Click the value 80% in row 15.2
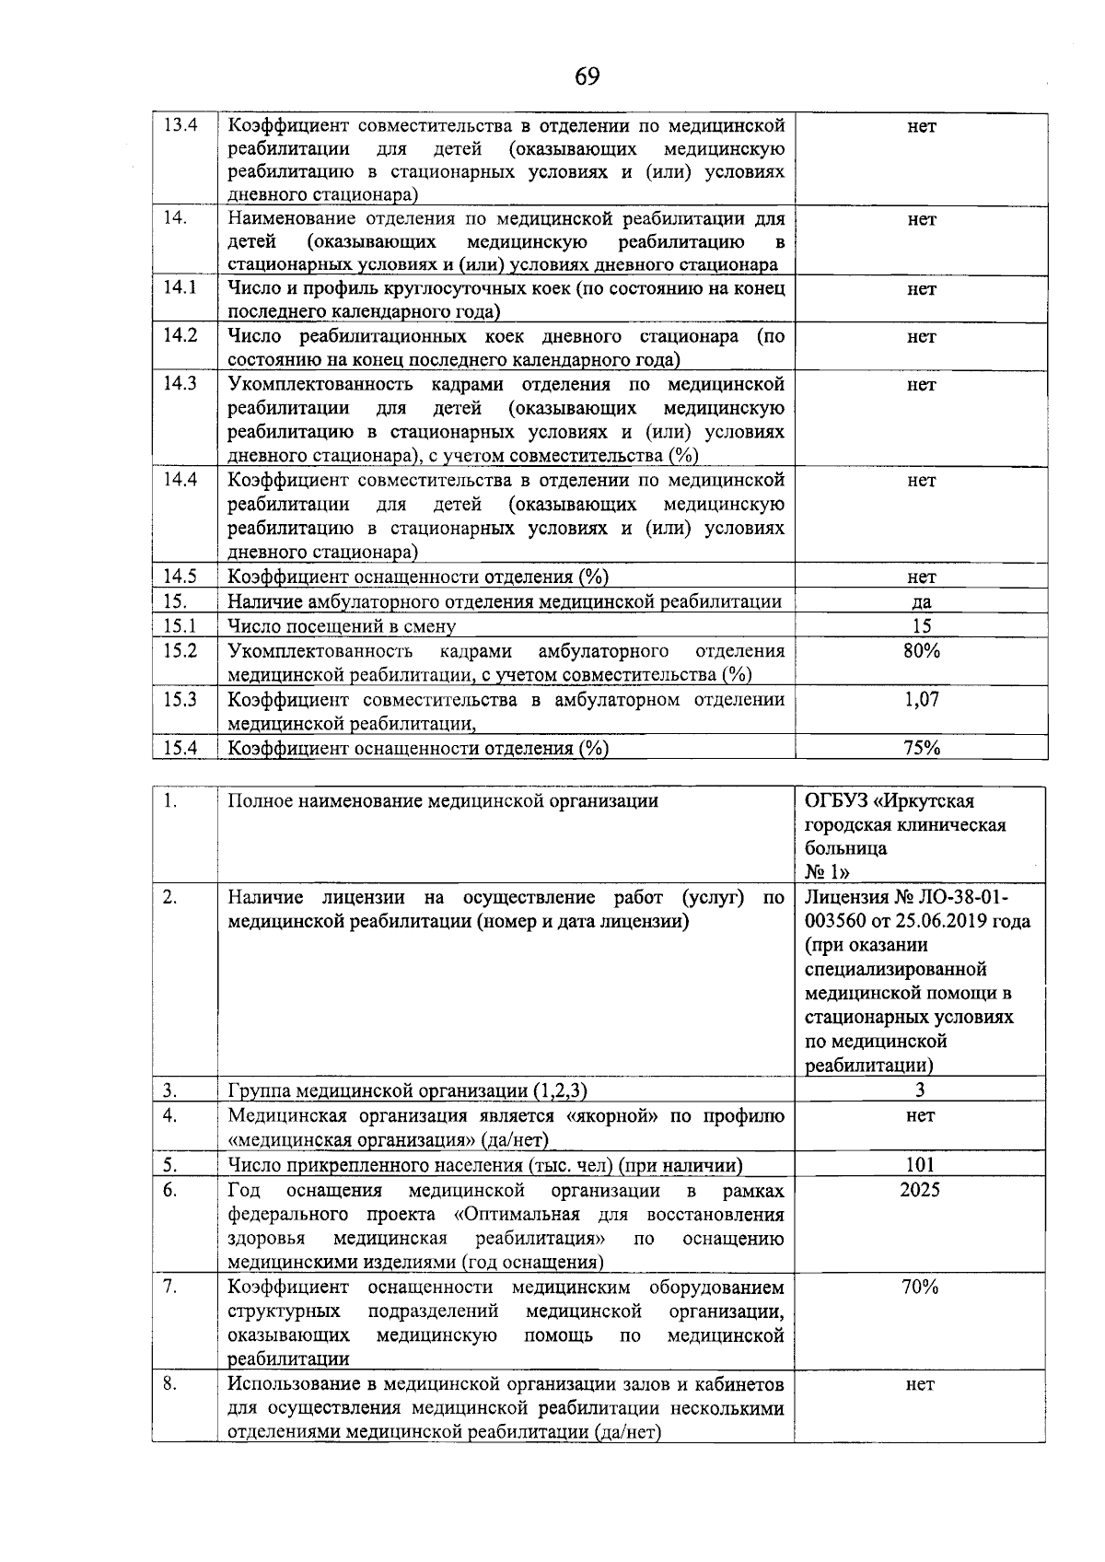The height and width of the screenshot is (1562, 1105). (x=922, y=651)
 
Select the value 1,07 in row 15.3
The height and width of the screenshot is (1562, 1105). (x=922, y=699)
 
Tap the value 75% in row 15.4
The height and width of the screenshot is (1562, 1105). (x=922, y=748)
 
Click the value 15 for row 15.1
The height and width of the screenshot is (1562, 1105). (x=922, y=626)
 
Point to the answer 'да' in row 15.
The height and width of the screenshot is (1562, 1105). (x=922, y=602)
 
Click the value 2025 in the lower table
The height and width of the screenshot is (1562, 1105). (x=920, y=1190)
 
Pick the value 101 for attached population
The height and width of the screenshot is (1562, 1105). (x=920, y=1165)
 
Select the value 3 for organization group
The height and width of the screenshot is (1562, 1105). (x=920, y=1090)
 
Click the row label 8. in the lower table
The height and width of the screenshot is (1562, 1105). (x=169, y=1383)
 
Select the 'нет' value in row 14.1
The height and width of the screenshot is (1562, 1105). (x=922, y=289)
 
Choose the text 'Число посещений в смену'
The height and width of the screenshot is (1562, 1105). (x=342, y=627)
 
